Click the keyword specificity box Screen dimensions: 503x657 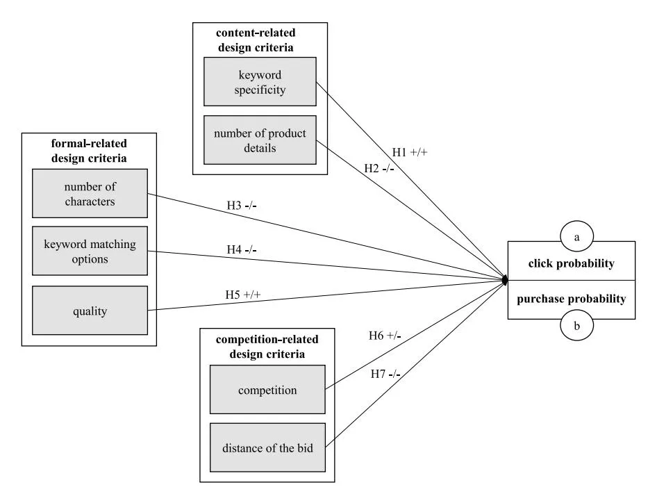[x=260, y=81]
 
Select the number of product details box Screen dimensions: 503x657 [x=260, y=140]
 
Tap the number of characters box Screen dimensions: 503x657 [x=90, y=194]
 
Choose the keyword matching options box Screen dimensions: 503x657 [x=90, y=251]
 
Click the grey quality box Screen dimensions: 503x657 [x=90, y=311]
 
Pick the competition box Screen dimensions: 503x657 [x=267, y=390]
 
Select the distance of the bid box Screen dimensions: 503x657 [x=267, y=448]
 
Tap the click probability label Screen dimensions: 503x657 [x=571, y=264]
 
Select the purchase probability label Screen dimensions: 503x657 [x=571, y=299]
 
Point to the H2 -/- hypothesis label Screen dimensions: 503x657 [x=379, y=168]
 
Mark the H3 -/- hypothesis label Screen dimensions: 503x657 [x=247, y=206]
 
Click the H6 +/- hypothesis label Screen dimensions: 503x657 [x=385, y=336]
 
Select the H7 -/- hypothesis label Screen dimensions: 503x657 [x=385, y=375]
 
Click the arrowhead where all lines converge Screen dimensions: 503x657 [x=506, y=279]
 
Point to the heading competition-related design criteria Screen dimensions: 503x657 [x=267, y=347]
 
